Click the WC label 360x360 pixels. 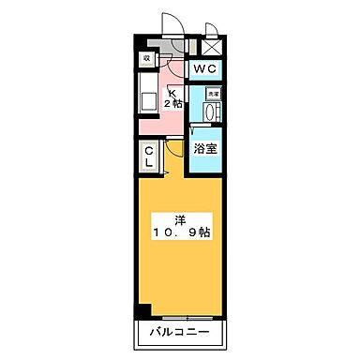click(x=205, y=69)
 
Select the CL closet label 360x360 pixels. click(x=150, y=156)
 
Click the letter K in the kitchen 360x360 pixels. click(x=172, y=91)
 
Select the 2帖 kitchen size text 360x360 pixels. click(x=174, y=103)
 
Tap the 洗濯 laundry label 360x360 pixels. click(x=213, y=95)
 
